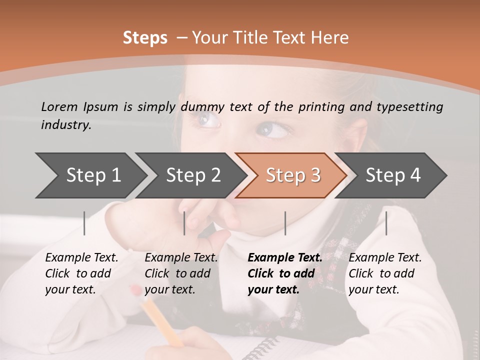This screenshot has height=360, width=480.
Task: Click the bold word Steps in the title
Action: pyautogui.click(x=145, y=38)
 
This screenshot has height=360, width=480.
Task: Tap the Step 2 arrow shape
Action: pyautogui.click(x=190, y=175)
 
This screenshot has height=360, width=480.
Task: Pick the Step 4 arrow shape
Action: pyautogui.click(x=392, y=175)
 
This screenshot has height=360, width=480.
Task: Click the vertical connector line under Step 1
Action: pyautogui.click(x=84, y=223)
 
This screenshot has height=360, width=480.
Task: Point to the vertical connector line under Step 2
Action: pyautogui.click(x=184, y=223)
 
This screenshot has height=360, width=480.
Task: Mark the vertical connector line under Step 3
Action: pyautogui.click(x=285, y=223)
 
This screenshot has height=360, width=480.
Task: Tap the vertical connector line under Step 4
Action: pyautogui.click(x=386, y=223)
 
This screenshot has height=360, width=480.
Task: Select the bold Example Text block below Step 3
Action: pyautogui.click(x=285, y=273)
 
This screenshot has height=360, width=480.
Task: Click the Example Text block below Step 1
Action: pyautogui.click(x=81, y=273)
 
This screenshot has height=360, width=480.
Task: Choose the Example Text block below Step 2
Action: pyautogui.click(x=181, y=273)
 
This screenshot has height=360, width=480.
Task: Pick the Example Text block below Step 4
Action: pyautogui.click(x=385, y=273)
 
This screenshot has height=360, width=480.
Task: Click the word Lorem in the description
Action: pyautogui.click(x=59, y=106)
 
